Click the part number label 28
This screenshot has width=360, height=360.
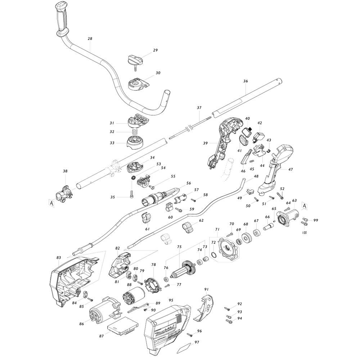point(90,39)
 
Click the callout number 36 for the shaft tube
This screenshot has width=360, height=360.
point(246,81)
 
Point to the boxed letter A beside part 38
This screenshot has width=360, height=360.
point(51,203)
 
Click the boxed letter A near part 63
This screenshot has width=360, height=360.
point(305,206)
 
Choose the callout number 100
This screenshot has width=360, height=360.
point(305,233)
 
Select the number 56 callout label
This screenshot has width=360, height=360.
point(189,183)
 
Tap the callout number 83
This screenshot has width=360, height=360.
point(59,258)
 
